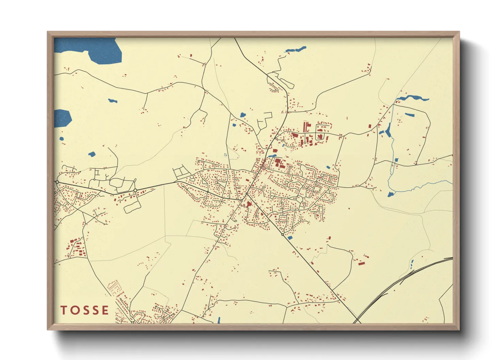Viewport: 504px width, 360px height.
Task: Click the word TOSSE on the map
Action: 85,310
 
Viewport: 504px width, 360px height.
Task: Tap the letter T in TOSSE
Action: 64,310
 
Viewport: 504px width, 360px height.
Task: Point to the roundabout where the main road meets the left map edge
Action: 57,182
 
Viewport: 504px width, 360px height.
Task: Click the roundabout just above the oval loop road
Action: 135,190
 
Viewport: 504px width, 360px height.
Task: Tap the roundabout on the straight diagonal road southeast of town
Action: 282,234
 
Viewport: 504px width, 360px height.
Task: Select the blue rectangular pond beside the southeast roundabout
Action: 290,238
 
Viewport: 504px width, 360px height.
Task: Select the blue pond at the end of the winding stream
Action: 390,194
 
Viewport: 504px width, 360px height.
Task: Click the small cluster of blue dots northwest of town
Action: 225,155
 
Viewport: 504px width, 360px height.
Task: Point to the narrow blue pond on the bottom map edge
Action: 219,320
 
